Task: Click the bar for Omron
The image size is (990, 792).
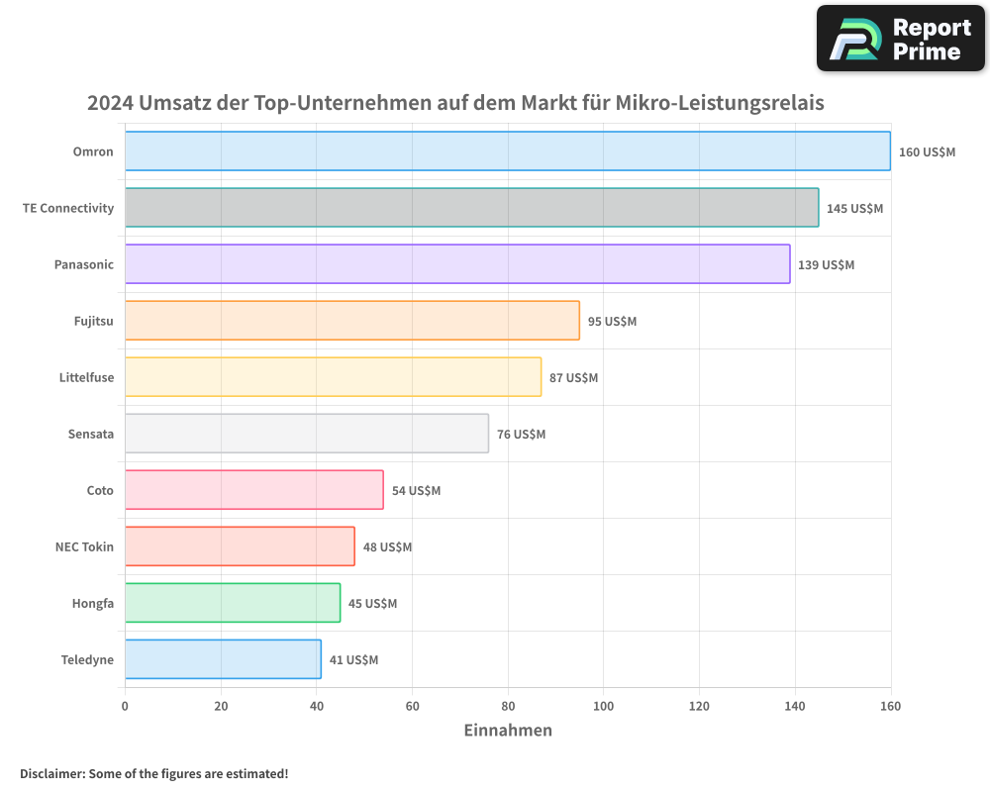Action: click(x=507, y=151)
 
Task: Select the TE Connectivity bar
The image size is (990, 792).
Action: click(x=471, y=208)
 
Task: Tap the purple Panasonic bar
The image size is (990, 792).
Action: click(x=457, y=264)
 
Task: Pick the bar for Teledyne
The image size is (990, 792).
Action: click(x=223, y=659)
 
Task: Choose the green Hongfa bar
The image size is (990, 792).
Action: click(x=233, y=603)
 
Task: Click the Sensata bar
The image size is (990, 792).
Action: click(x=307, y=434)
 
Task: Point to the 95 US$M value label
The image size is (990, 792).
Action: click(x=612, y=322)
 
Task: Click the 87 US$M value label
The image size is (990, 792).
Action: click(x=574, y=378)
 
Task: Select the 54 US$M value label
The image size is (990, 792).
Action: click(x=416, y=491)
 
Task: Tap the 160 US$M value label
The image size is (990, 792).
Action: click(x=927, y=152)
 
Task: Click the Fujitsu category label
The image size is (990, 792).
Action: click(x=93, y=321)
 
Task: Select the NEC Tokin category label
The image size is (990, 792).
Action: click(x=84, y=546)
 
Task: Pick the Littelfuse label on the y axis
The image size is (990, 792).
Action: click(x=86, y=377)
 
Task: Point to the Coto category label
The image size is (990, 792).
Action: click(x=100, y=490)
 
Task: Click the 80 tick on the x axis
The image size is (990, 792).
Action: click(x=508, y=706)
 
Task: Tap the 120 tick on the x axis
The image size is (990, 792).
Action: click(x=699, y=706)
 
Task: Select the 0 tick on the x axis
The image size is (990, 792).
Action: click(x=125, y=706)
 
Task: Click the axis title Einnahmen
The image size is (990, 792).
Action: click(x=508, y=731)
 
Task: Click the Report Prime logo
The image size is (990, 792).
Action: click(x=900, y=39)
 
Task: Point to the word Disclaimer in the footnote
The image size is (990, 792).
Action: click(x=50, y=773)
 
